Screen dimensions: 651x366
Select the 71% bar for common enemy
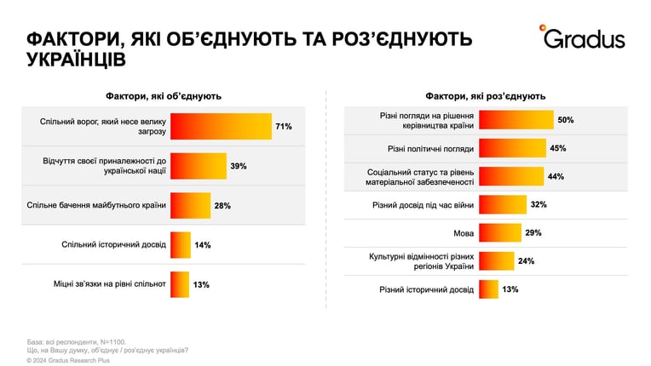pos(221,127)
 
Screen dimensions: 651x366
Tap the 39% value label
pos(239,166)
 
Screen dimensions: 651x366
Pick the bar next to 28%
pos(191,206)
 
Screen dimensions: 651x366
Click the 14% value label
pos(203,245)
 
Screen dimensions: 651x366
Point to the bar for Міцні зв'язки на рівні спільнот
pos(180,284)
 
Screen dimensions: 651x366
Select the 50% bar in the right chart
pos(516,120)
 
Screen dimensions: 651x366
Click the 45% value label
pos(557,148)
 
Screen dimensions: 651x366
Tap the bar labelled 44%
pos(511,176)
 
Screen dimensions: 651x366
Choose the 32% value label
pos(539,205)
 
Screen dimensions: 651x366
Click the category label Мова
pos(464,233)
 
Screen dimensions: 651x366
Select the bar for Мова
pos(500,233)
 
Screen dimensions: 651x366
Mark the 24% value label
pos(526,261)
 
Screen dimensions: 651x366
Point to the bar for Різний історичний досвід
pos(488,289)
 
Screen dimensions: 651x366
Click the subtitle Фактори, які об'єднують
pos(163,96)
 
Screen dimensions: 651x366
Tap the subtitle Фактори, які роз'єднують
pos(486,96)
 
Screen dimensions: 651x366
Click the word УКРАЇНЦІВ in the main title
pos(76,60)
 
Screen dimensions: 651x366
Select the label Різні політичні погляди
pos(430,149)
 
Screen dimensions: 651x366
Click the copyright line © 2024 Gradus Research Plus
pos(68,361)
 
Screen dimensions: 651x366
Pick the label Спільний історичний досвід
pos(114,245)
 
